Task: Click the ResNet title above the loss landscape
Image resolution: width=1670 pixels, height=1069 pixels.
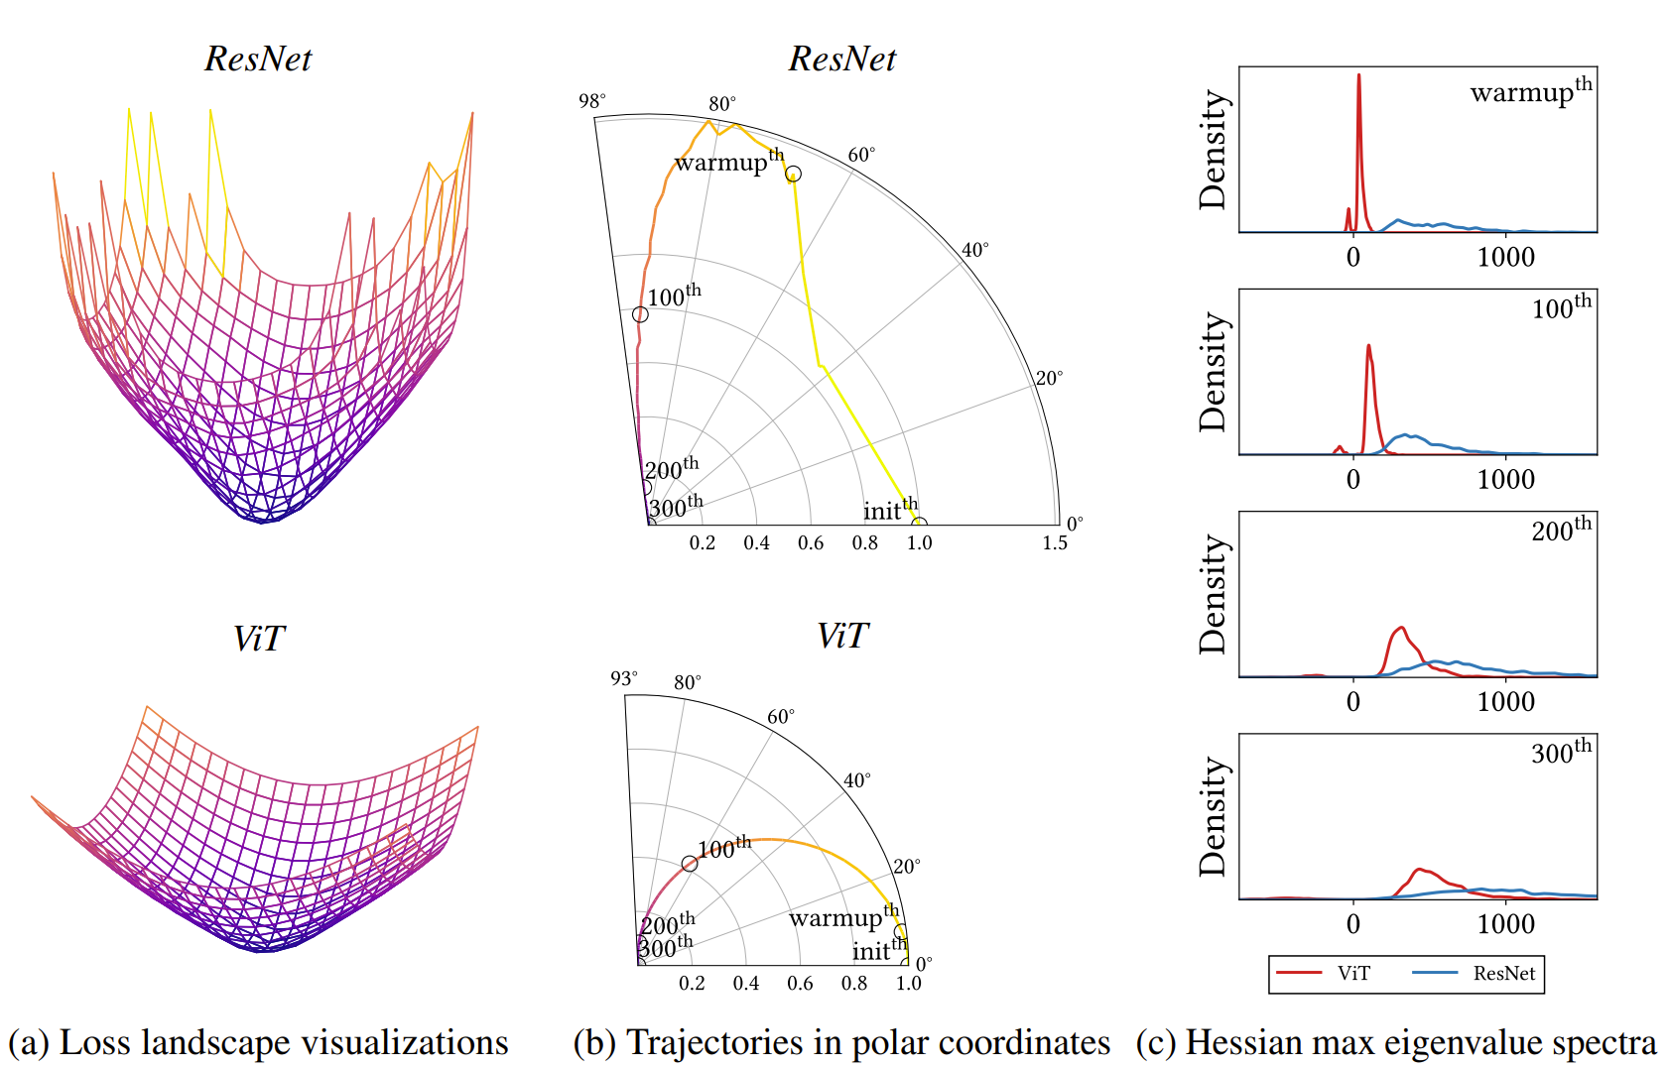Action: coord(258,59)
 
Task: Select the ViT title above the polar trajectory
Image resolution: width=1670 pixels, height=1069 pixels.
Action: coord(842,637)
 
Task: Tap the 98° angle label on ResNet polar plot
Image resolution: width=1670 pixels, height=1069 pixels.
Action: coord(591,101)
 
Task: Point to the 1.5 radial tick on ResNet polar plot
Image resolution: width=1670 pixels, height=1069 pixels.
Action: coord(1055,543)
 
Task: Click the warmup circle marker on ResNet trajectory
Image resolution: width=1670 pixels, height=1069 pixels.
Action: coord(793,175)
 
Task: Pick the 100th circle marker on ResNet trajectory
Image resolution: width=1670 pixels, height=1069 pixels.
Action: coord(640,314)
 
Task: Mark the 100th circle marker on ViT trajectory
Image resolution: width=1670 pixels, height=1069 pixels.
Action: coord(690,864)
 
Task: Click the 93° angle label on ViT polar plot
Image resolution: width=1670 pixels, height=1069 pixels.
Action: coord(623,678)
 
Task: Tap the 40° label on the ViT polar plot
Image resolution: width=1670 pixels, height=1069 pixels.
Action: coord(857,780)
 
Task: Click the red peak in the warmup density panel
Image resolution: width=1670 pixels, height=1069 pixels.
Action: coord(1358,76)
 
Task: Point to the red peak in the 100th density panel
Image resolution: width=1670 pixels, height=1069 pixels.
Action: coord(1368,346)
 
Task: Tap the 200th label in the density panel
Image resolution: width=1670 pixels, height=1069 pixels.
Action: coord(1561,529)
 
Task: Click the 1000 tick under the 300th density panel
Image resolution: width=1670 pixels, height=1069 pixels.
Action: coord(1505,924)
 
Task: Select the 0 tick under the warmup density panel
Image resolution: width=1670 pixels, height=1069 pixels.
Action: coord(1353,258)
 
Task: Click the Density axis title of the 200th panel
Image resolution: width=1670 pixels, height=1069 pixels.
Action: coord(1214,595)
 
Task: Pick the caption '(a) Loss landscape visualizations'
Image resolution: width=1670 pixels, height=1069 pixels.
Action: coord(258,1043)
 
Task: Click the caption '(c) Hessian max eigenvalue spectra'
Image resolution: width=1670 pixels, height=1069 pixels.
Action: coord(1396,1043)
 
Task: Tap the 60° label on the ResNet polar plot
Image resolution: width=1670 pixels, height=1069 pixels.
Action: coord(861,155)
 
